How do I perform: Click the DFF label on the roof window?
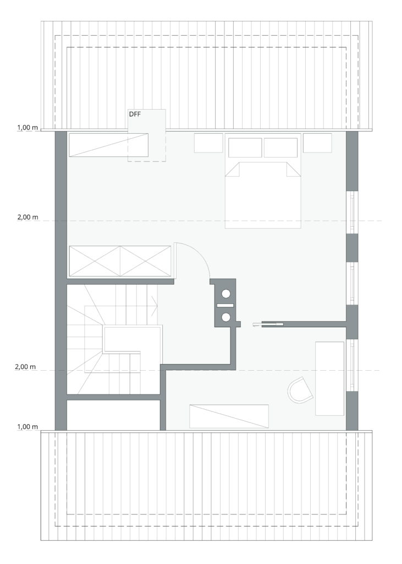[135, 115]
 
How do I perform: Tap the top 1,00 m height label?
[28, 128]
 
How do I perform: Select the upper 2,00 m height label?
[28, 218]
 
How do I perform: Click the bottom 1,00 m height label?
[28, 427]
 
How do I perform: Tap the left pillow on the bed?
[245, 148]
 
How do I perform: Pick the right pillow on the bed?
[280, 148]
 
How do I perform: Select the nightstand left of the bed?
[208, 143]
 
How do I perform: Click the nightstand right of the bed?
[317, 143]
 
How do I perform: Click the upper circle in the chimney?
[226, 294]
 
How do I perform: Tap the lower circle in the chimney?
[226, 317]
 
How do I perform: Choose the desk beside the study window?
[329, 378]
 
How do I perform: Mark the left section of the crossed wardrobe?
[95, 261]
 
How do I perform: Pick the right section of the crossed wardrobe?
[145, 261]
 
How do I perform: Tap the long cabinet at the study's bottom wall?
[229, 416]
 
